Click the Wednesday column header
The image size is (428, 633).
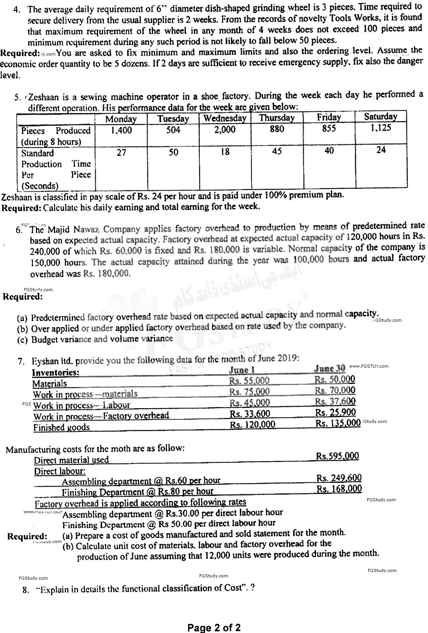[225, 118]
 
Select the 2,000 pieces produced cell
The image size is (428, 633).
[225, 130]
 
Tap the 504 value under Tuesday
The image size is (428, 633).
[173, 130]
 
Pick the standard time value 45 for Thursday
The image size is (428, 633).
[277, 151]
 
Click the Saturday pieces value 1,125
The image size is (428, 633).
[380, 128]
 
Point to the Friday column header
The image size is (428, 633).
[329, 117]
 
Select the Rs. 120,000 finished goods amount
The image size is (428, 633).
[253, 424]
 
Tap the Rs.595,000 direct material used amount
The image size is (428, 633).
[337, 456]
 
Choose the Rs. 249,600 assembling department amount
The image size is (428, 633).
[339, 478]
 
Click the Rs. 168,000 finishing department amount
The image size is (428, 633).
[339, 489]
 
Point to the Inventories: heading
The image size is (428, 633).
[56, 373]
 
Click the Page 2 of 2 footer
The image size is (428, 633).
[214, 628]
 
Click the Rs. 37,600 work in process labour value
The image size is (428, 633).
[335, 401]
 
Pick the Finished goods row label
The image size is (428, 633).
[61, 428]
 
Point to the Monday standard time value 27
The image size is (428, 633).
[121, 153]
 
